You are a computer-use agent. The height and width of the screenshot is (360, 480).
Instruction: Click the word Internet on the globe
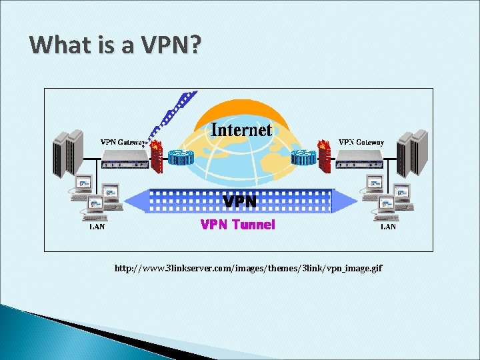point(241,129)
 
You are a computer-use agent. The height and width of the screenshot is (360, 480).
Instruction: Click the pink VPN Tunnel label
point(237,225)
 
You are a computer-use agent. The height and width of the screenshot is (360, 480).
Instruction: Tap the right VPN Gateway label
point(361,142)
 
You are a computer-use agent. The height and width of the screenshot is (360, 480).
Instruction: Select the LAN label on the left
point(97,227)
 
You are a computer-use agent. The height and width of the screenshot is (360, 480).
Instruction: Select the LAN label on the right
point(388,227)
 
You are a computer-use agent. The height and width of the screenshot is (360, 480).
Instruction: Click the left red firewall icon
point(156,155)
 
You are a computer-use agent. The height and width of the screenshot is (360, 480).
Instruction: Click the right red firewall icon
point(325,155)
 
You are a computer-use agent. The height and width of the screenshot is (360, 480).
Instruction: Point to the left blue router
point(180,158)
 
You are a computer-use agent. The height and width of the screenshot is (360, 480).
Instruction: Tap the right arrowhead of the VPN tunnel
point(346,200)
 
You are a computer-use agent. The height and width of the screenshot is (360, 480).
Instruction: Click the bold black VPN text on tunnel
point(239,201)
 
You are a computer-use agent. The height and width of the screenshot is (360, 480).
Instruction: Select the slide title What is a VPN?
point(115,45)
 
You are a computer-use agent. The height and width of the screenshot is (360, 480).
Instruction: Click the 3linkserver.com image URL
point(248,268)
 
